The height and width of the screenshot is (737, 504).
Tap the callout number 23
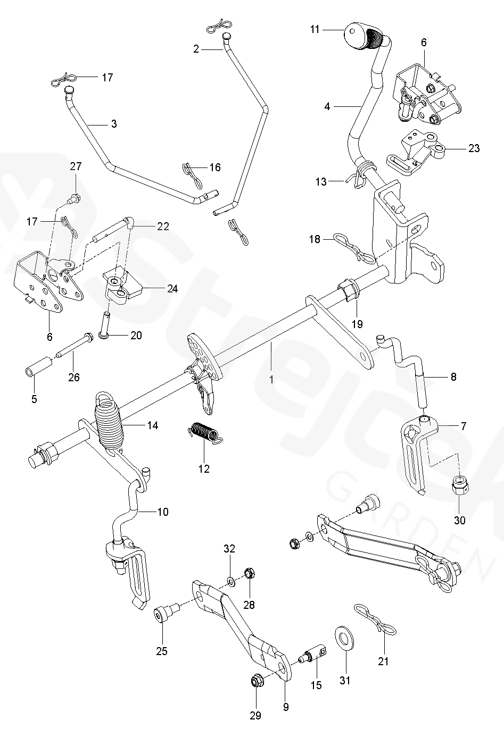473,148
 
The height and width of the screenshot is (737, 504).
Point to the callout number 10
163,512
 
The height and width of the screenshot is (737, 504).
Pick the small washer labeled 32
230,580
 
